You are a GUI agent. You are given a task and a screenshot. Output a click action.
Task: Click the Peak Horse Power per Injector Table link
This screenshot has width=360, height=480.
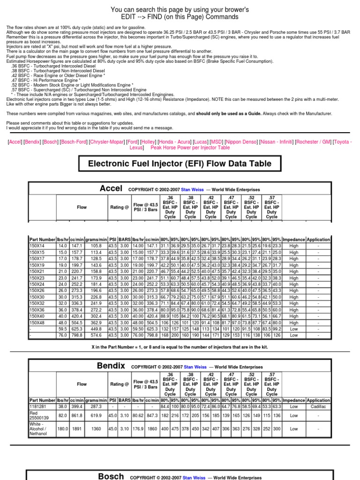pos(190,147)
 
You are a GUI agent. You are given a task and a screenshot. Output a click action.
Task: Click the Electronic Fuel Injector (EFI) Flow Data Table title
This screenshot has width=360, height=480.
pos(180,164)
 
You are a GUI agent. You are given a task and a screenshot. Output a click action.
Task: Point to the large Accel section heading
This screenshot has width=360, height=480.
pos(111,188)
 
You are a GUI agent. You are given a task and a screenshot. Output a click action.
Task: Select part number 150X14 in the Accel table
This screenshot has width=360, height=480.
pos(37,246)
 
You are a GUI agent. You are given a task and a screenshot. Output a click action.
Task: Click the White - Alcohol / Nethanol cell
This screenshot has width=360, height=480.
pos(39,429)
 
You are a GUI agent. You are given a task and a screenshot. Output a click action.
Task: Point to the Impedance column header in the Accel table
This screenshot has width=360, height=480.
pos(294,239)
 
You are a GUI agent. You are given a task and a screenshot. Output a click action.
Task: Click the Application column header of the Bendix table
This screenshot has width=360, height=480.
pos(318,400)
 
